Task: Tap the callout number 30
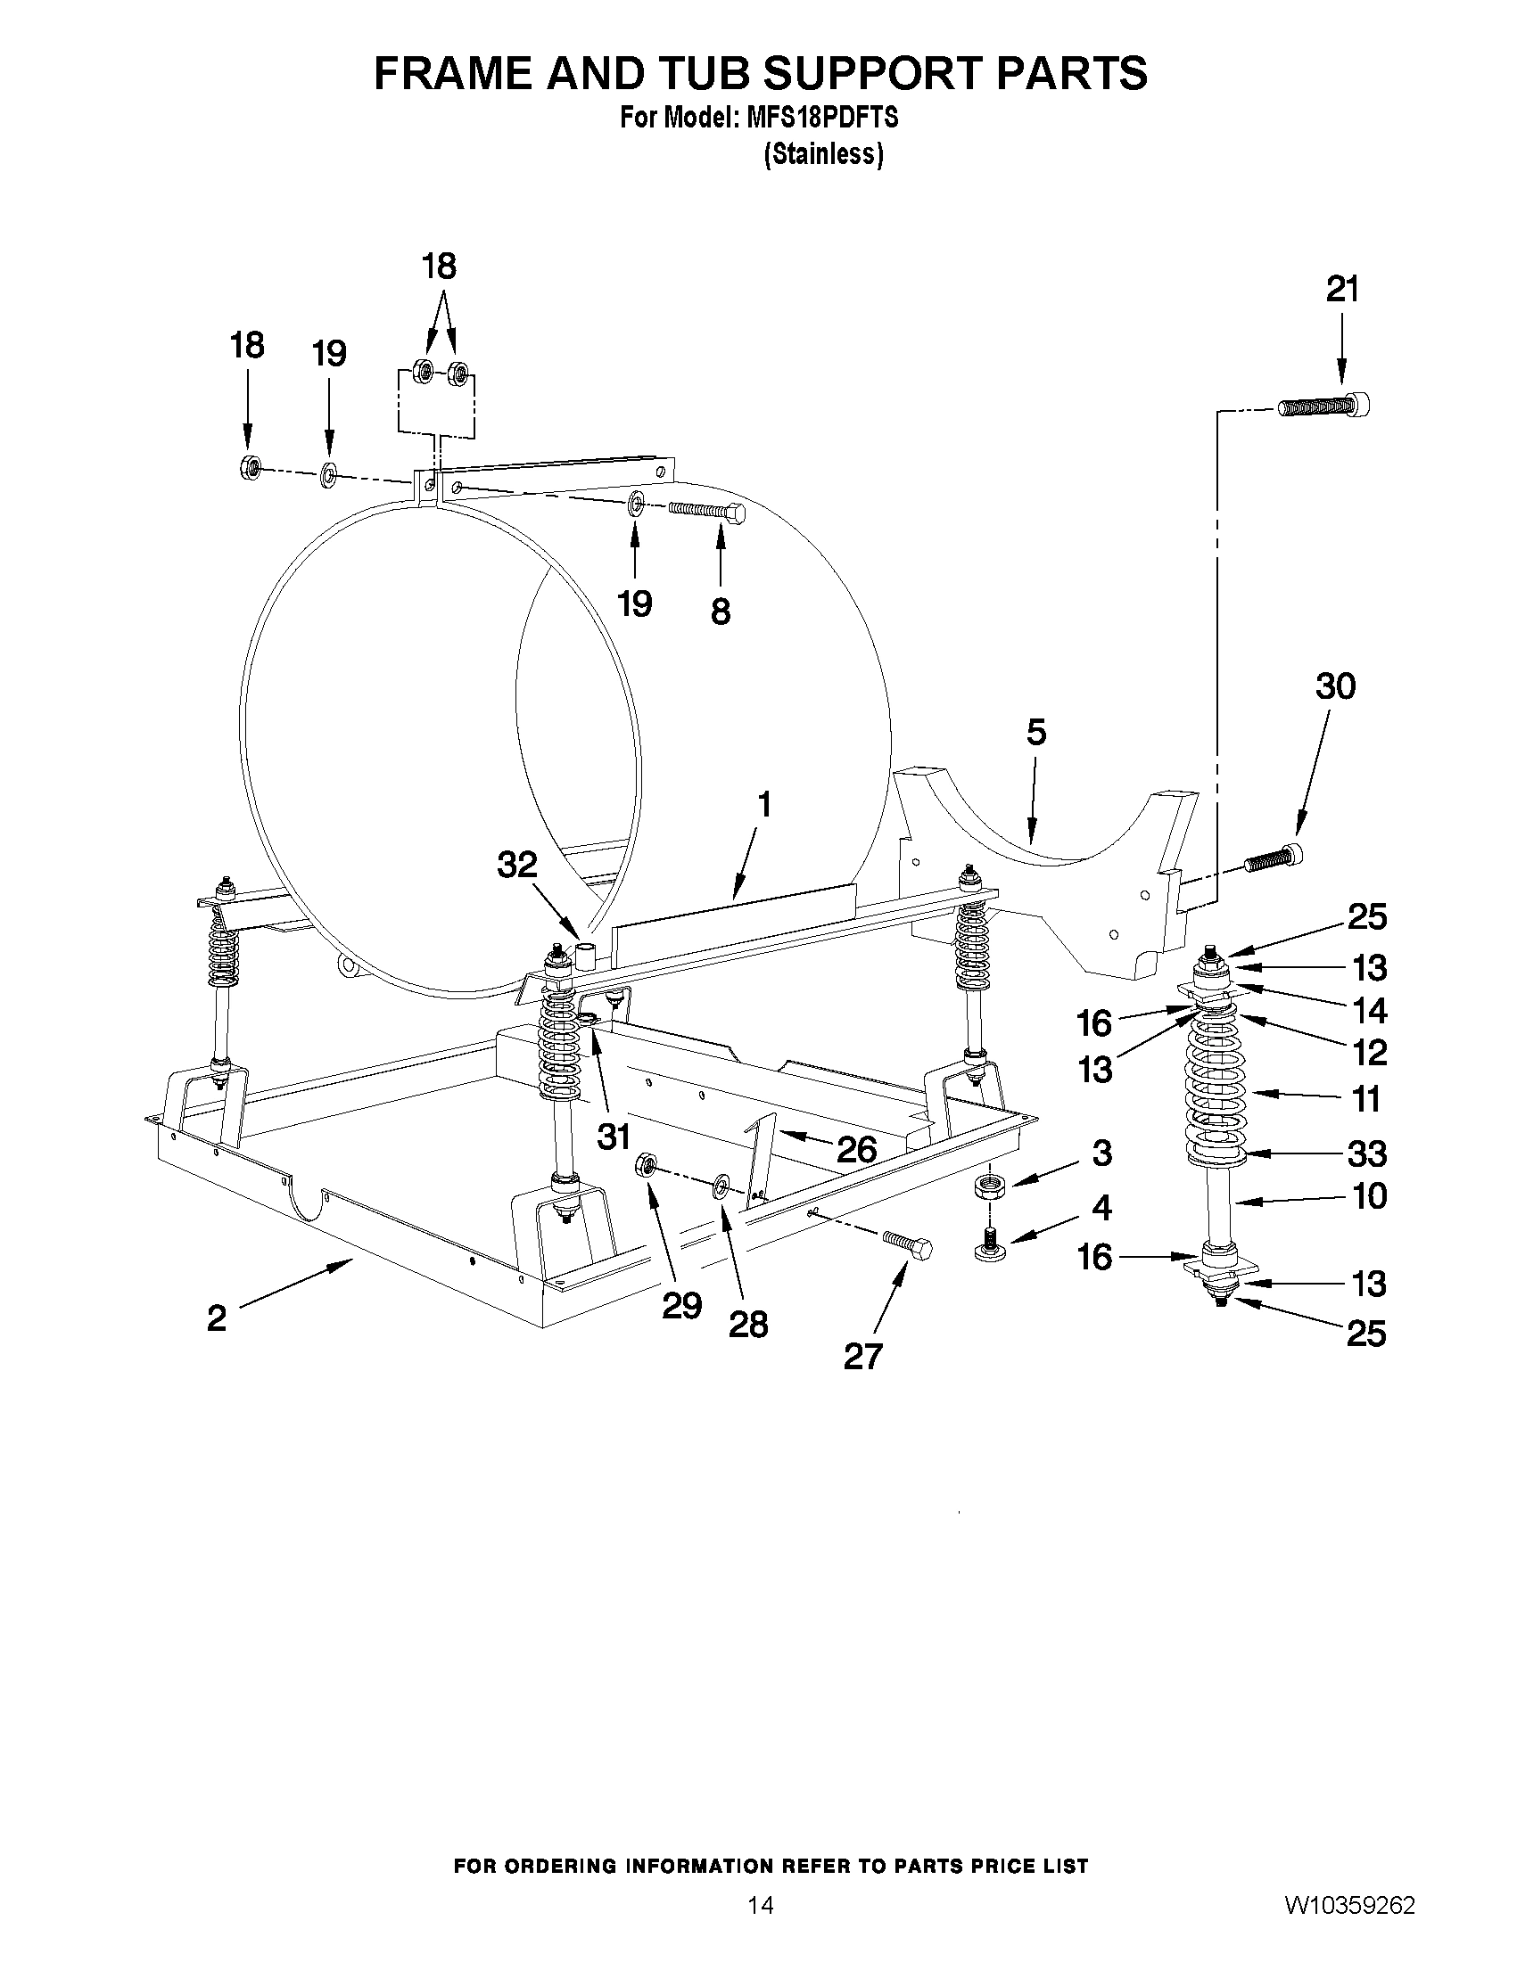coord(1334,686)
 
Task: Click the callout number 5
coord(1035,733)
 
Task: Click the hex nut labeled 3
coord(988,1185)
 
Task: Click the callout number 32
coord(516,865)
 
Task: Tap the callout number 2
coord(217,1318)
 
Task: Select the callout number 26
coord(856,1149)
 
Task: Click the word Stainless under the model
coord(823,154)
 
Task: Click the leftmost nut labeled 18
coord(251,467)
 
